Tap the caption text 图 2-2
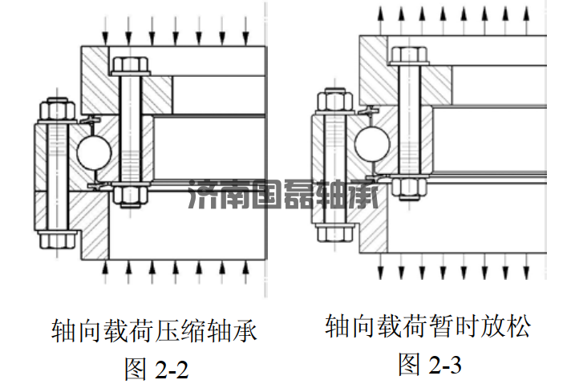tap(157, 370)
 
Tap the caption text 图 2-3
tap(430, 365)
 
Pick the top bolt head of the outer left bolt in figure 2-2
tap(56, 107)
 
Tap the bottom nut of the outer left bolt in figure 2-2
tap(57, 238)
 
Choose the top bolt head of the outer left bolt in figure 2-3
tap(334, 101)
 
